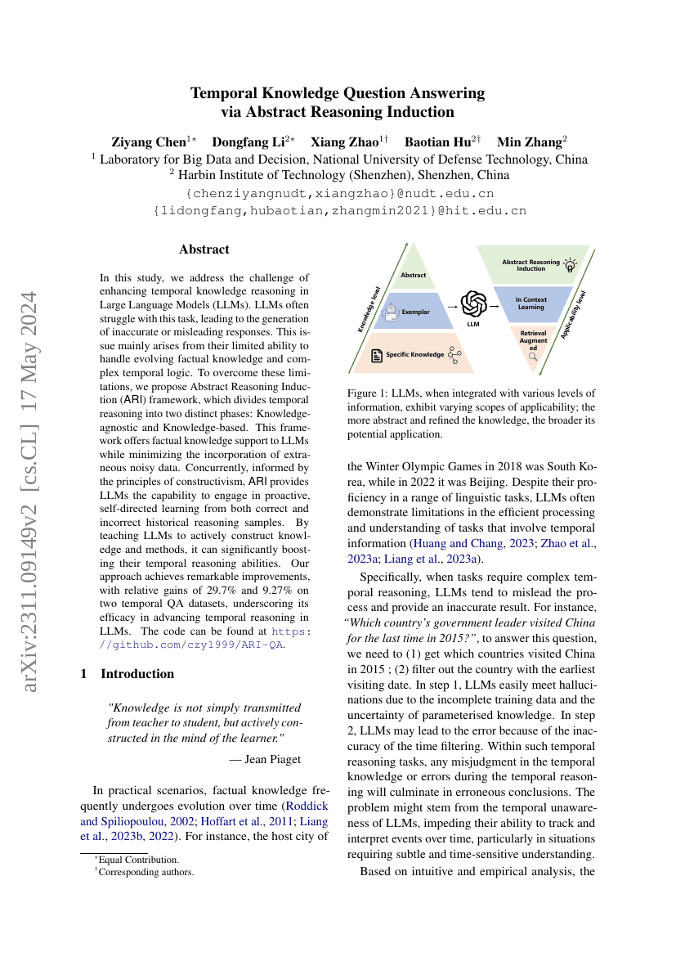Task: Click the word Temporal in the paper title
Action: (x=224, y=92)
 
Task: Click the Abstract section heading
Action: (x=204, y=249)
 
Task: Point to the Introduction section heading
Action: (x=137, y=673)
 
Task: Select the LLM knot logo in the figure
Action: (x=473, y=304)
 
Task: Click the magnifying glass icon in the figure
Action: (x=532, y=357)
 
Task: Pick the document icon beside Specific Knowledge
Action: (x=377, y=354)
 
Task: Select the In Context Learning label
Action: (x=531, y=303)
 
